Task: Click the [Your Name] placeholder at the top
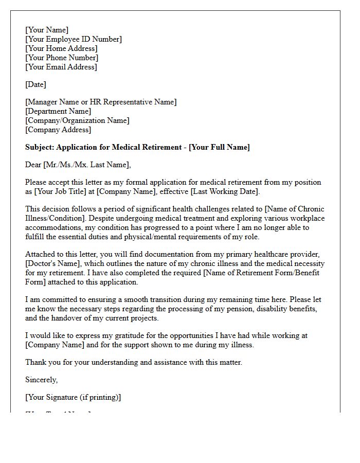point(47,30)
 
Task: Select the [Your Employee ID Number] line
point(74,39)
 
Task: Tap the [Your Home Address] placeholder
point(61,48)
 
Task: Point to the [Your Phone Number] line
point(62,58)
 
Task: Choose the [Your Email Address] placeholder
point(61,67)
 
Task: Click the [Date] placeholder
point(35,84)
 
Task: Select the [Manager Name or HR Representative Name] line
point(101,102)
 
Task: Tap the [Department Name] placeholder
point(58,111)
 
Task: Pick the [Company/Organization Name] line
point(77,120)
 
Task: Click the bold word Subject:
point(40,147)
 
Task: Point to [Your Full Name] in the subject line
point(219,147)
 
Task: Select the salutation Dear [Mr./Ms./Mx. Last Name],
point(78,165)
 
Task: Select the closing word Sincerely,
point(42,380)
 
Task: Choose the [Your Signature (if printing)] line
point(73,397)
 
